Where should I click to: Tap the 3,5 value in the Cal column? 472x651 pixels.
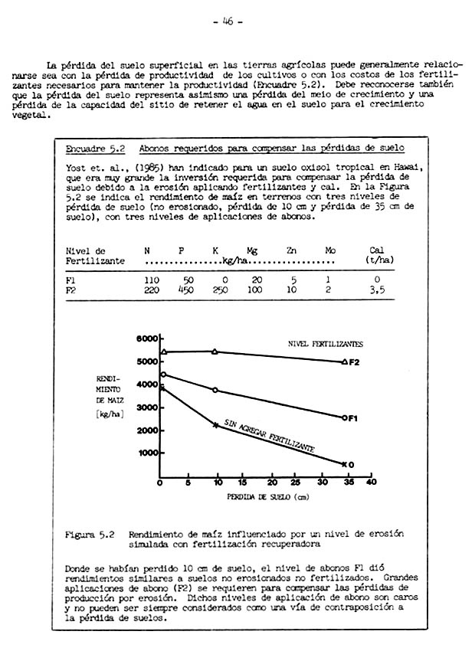(375, 290)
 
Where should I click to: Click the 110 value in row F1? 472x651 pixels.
(151, 280)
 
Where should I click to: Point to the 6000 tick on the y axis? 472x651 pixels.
(146, 338)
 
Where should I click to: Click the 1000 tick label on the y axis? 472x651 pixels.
(146, 453)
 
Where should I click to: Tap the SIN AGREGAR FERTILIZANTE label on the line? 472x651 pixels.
(268, 434)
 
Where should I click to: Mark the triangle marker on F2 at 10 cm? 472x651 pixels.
(215, 352)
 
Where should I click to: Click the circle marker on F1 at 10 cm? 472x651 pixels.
(215, 390)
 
